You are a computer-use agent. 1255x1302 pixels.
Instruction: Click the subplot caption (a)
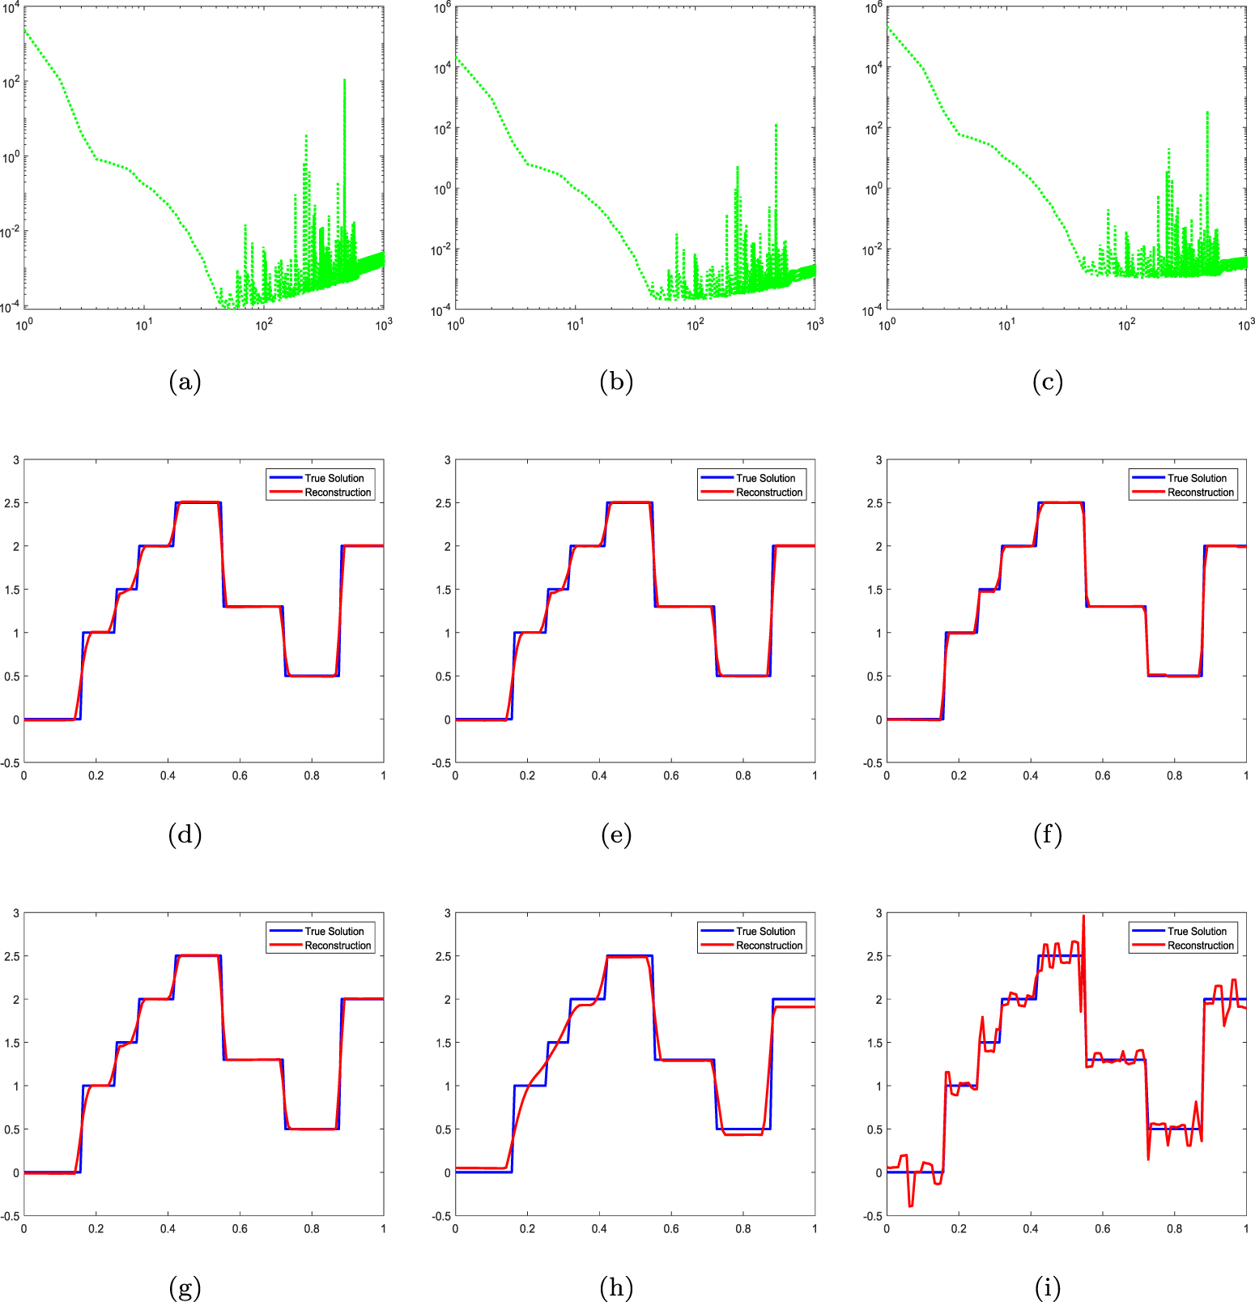pyautogui.click(x=185, y=382)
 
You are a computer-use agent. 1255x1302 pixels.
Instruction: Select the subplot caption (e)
pyautogui.click(x=616, y=835)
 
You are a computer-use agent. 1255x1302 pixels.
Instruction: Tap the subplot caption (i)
pyautogui.click(x=1047, y=1287)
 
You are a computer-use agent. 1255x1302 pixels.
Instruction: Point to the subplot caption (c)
pyautogui.click(x=1047, y=382)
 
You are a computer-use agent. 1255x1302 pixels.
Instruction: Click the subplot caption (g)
pyautogui.click(x=185, y=1287)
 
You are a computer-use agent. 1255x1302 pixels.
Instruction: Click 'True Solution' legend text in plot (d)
pyautogui.click(x=334, y=478)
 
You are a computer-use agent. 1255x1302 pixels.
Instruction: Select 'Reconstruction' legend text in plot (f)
pyautogui.click(x=1200, y=493)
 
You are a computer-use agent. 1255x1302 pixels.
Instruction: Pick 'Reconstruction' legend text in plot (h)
pyautogui.click(x=768, y=946)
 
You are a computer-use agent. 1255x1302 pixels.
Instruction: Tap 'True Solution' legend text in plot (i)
pyautogui.click(x=1197, y=931)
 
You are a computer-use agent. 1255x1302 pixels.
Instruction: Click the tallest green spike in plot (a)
pyautogui.click(x=345, y=80)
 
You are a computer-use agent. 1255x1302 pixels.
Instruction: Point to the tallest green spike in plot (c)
pyautogui.click(x=1207, y=113)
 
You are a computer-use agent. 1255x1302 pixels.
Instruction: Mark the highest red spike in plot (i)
pyautogui.click(x=1083, y=916)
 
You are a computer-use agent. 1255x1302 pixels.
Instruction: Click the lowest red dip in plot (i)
pyautogui.click(x=911, y=1206)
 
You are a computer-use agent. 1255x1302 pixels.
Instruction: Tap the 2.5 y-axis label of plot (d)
pyautogui.click(x=11, y=503)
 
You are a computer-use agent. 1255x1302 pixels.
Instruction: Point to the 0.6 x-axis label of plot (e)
pyautogui.click(x=671, y=776)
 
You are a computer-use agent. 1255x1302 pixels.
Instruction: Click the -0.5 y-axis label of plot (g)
pyautogui.click(x=10, y=1216)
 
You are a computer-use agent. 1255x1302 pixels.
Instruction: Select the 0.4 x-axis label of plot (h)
pyautogui.click(x=599, y=1229)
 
